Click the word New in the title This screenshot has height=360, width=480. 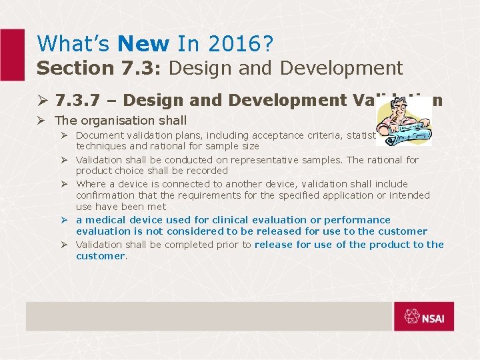point(143,44)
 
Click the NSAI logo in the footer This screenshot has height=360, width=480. point(423,317)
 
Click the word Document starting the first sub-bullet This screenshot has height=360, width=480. point(99,135)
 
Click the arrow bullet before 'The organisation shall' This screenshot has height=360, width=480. point(41,121)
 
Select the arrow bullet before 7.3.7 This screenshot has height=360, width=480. point(41,100)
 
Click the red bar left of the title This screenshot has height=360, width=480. point(12,53)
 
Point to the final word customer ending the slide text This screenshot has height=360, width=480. point(100,256)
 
